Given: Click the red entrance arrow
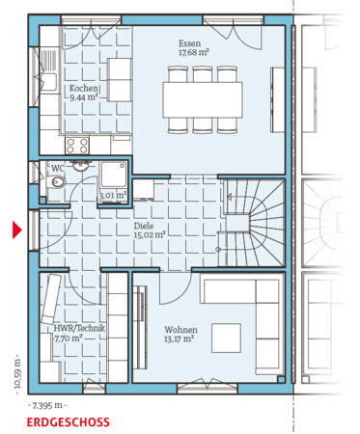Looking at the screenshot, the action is (16, 230).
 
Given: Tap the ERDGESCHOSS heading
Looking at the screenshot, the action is (68, 422).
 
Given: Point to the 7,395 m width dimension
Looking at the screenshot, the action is (47, 406).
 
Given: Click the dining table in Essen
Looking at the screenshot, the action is (203, 99).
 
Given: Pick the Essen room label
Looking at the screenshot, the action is (190, 43).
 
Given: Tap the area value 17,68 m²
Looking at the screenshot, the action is (194, 52).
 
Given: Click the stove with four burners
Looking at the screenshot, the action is (77, 146).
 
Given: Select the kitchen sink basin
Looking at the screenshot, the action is (48, 82).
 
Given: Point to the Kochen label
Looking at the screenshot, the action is (84, 88).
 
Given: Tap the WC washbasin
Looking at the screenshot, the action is (79, 165).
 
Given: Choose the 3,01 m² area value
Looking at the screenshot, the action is (113, 196).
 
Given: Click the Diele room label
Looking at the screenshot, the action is (144, 226).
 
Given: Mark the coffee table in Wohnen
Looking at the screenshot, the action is (226, 338).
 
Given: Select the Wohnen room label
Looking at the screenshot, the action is (180, 330).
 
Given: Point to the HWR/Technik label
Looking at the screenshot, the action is (79, 329).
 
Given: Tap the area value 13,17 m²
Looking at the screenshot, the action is (179, 339).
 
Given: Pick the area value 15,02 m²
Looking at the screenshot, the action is (150, 234).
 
